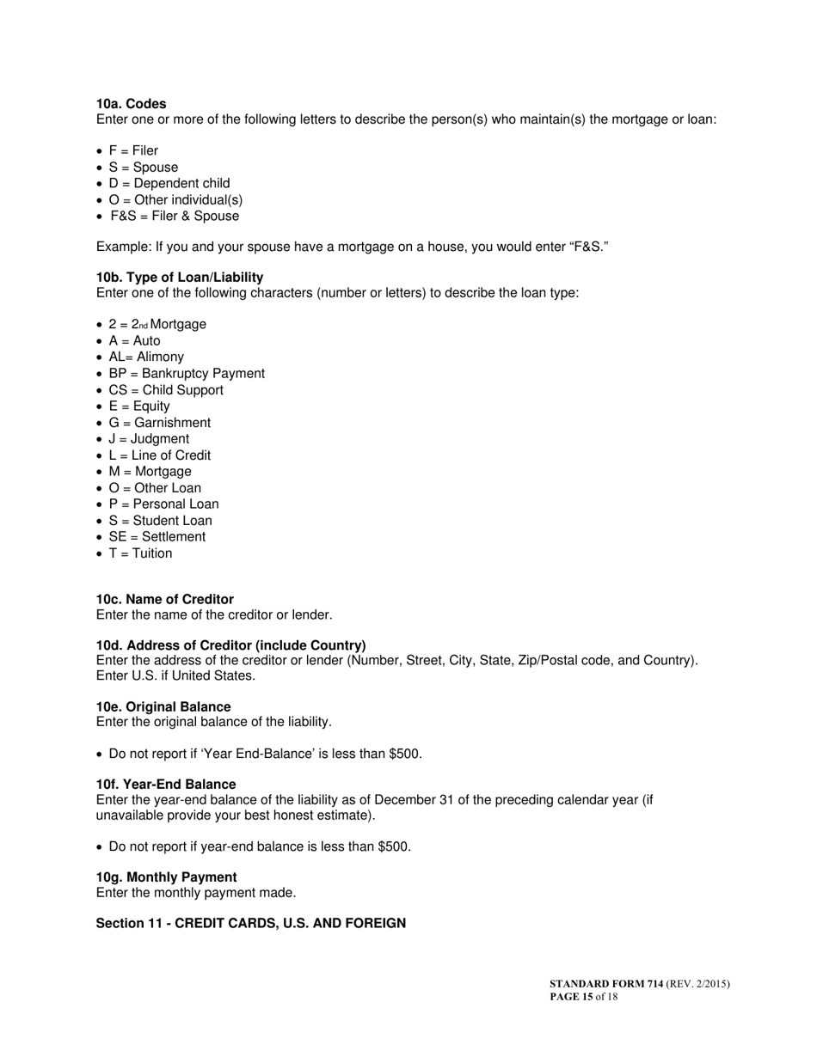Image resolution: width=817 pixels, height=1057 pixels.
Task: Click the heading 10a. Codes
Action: (131, 104)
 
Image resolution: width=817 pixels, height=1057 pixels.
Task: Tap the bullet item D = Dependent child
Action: (169, 184)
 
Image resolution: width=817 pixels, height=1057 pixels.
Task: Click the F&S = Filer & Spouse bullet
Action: (174, 217)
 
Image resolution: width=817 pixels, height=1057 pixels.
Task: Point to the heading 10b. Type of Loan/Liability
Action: (180, 278)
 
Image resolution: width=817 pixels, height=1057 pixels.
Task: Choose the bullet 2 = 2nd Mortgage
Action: (157, 325)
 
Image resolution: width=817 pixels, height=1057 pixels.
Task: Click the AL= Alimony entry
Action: (146, 357)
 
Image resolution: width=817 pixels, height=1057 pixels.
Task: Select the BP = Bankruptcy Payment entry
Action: (187, 374)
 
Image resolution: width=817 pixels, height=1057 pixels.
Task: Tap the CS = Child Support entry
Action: (166, 390)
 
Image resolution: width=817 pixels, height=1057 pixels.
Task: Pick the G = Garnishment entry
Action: (159, 423)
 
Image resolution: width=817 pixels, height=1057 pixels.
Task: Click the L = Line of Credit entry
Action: (159, 455)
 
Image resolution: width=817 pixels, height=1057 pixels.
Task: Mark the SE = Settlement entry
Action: (157, 537)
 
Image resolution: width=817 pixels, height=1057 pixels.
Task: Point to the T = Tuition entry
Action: (140, 553)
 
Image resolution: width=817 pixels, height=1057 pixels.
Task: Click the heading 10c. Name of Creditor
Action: (164, 600)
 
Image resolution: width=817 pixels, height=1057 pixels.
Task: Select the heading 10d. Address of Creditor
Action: (230, 645)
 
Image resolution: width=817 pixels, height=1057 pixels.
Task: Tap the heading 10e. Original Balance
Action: (163, 707)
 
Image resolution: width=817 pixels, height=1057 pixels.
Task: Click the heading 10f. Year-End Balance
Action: (166, 785)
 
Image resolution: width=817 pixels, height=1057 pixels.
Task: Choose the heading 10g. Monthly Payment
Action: (166, 877)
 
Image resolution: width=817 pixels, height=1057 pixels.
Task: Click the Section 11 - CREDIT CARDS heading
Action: (250, 924)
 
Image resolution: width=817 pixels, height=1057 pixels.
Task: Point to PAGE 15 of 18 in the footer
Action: (584, 998)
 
